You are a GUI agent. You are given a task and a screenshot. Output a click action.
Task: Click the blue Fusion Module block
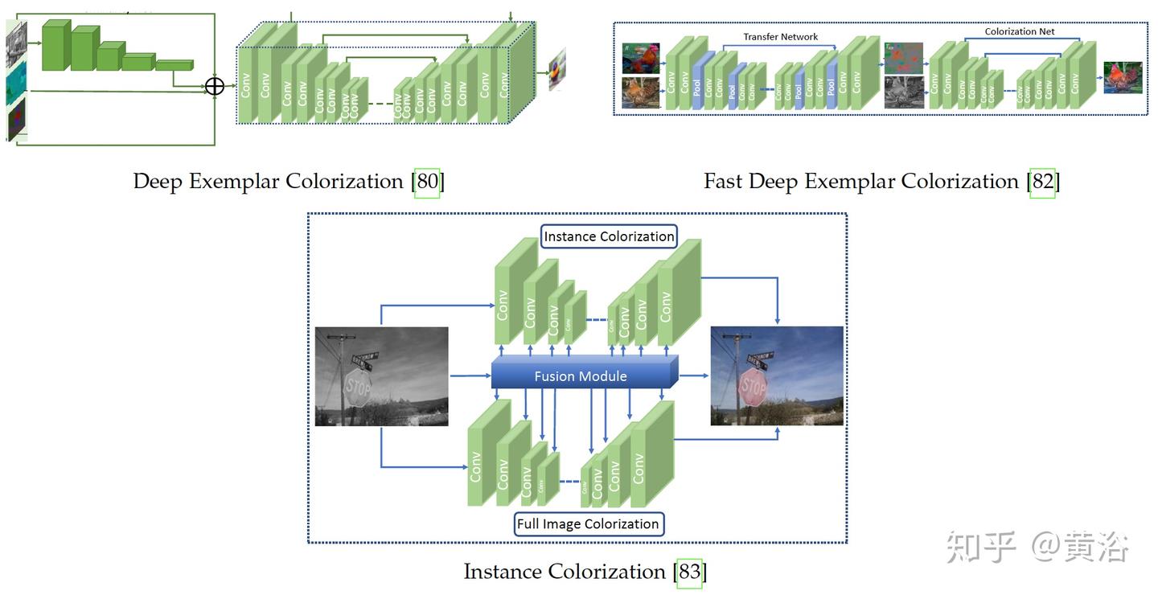(x=581, y=375)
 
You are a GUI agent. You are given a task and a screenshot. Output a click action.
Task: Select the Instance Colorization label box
(x=609, y=236)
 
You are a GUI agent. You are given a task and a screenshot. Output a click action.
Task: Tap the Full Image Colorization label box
(x=588, y=524)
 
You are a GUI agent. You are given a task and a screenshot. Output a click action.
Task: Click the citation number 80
(x=428, y=182)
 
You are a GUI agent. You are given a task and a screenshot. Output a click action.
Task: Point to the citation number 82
(x=1042, y=182)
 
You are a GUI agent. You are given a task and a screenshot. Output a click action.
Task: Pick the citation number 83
(x=689, y=572)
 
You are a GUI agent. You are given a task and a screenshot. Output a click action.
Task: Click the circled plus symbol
(x=214, y=86)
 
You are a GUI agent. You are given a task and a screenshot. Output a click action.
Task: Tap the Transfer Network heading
(x=780, y=37)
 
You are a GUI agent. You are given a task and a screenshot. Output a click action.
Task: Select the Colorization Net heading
(x=1020, y=32)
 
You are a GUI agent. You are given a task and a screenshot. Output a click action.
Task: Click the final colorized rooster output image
(x=1123, y=78)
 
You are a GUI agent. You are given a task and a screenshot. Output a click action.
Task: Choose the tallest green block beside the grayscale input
(x=55, y=46)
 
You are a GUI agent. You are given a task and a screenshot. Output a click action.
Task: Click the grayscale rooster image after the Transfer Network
(x=903, y=92)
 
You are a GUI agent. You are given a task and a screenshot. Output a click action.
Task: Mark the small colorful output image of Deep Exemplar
(x=557, y=69)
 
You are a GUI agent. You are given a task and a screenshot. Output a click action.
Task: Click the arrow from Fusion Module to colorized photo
(x=694, y=375)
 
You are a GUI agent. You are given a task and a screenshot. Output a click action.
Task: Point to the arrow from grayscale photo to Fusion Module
(x=470, y=375)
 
